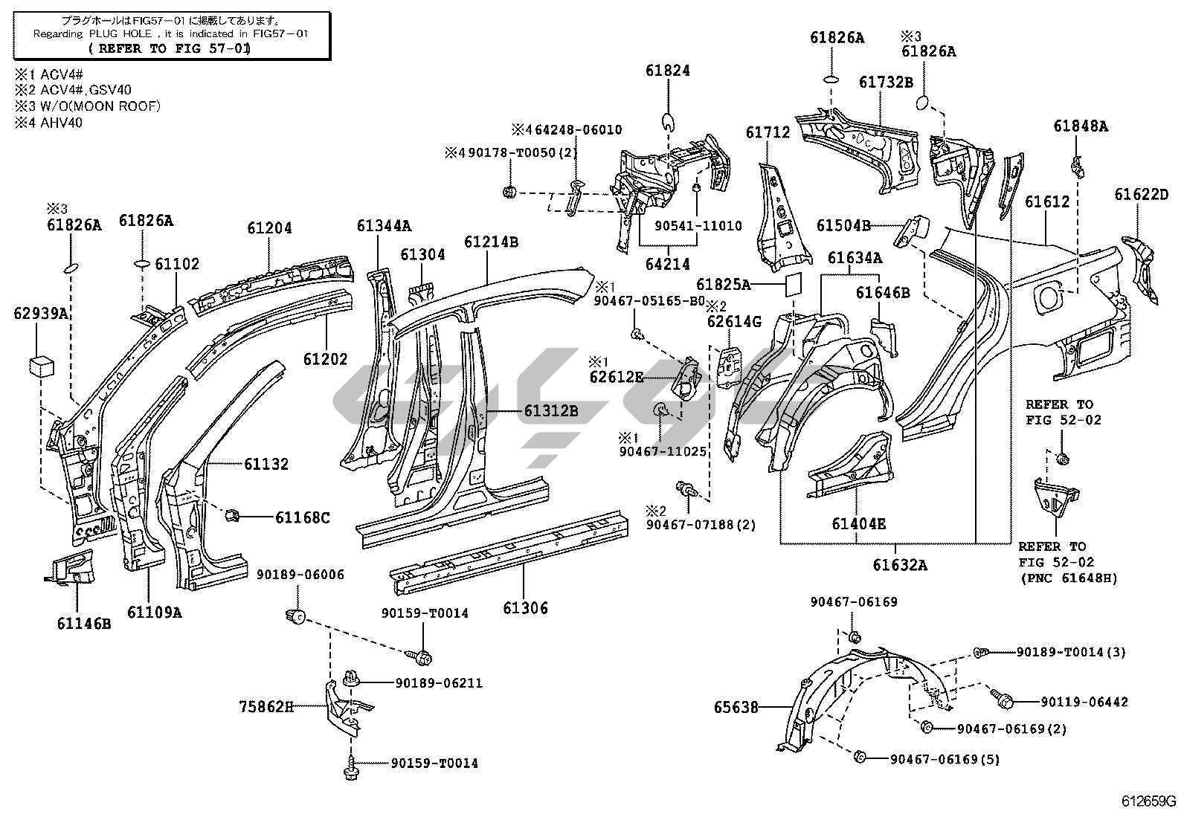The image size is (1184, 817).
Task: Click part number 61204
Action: pyautogui.click(x=270, y=229)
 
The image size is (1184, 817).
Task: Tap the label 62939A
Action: pyautogui.click(x=42, y=313)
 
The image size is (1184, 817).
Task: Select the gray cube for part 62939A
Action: pyautogui.click(x=42, y=366)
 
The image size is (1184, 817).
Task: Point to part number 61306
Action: pyautogui.click(x=525, y=607)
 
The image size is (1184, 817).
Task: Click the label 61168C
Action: pyautogui.click(x=302, y=517)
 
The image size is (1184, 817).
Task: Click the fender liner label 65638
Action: pyautogui.click(x=736, y=707)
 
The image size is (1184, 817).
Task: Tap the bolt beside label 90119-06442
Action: pyautogui.click(x=1000, y=697)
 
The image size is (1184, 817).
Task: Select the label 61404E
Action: pyautogui.click(x=859, y=523)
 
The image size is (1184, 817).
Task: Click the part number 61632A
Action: pyautogui.click(x=900, y=565)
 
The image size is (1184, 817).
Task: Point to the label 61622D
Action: pyautogui.click(x=1141, y=195)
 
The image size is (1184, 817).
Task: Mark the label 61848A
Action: pyautogui.click(x=1080, y=126)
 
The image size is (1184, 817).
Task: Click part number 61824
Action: pyautogui.click(x=668, y=71)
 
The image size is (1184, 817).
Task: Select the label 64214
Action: pyautogui.click(x=667, y=264)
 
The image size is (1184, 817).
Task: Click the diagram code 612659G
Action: pyautogui.click(x=1148, y=801)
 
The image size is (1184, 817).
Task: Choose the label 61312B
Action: pyautogui.click(x=550, y=410)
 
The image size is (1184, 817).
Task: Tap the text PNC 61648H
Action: pyautogui.click(x=1068, y=578)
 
